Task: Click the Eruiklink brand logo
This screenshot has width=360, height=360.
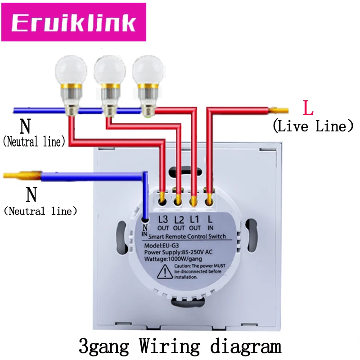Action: pos(74,22)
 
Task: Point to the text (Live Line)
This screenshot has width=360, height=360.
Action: pos(313,126)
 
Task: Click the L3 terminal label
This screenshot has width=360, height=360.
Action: pos(163,223)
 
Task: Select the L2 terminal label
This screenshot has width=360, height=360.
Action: pos(179,223)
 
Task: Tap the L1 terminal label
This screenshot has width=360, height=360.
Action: pos(195,223)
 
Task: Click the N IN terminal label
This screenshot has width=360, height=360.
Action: pos(144,230)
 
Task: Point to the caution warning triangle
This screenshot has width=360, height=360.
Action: pos(165,272)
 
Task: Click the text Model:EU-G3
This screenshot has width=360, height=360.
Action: pos(162,245)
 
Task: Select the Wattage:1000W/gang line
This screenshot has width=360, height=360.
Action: pos(173,259)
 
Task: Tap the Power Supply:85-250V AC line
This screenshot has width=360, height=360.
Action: pos(178,252)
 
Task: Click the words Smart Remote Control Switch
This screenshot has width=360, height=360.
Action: pos(187,237)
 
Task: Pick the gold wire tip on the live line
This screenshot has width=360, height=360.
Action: pos(279,110)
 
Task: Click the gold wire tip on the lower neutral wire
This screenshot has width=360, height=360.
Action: pos(22,175)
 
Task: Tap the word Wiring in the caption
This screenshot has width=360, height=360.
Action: pos(170,346)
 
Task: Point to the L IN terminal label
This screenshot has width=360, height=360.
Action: pos(210,223)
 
